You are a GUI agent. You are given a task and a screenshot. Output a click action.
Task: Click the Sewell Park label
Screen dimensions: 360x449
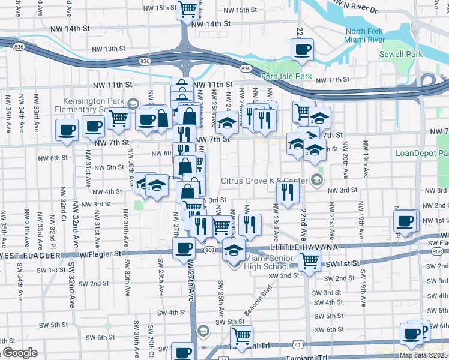click(x=401, y=54)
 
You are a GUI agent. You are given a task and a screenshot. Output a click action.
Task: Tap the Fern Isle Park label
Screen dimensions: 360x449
click(x=286, y=76)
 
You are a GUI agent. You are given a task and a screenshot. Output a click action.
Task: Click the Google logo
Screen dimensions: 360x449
click(x=20, y=353)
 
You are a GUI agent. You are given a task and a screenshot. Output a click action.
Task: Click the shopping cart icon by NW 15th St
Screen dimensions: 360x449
click(x=187, y=8)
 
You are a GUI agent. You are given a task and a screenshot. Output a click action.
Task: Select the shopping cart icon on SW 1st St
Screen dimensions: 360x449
click(x=310, y=260)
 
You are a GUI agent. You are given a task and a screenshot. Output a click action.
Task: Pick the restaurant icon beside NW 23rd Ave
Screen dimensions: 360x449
click(x=288, y=192)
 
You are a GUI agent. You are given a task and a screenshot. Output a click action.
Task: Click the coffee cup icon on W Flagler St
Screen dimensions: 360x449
click(x=184, y=248)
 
